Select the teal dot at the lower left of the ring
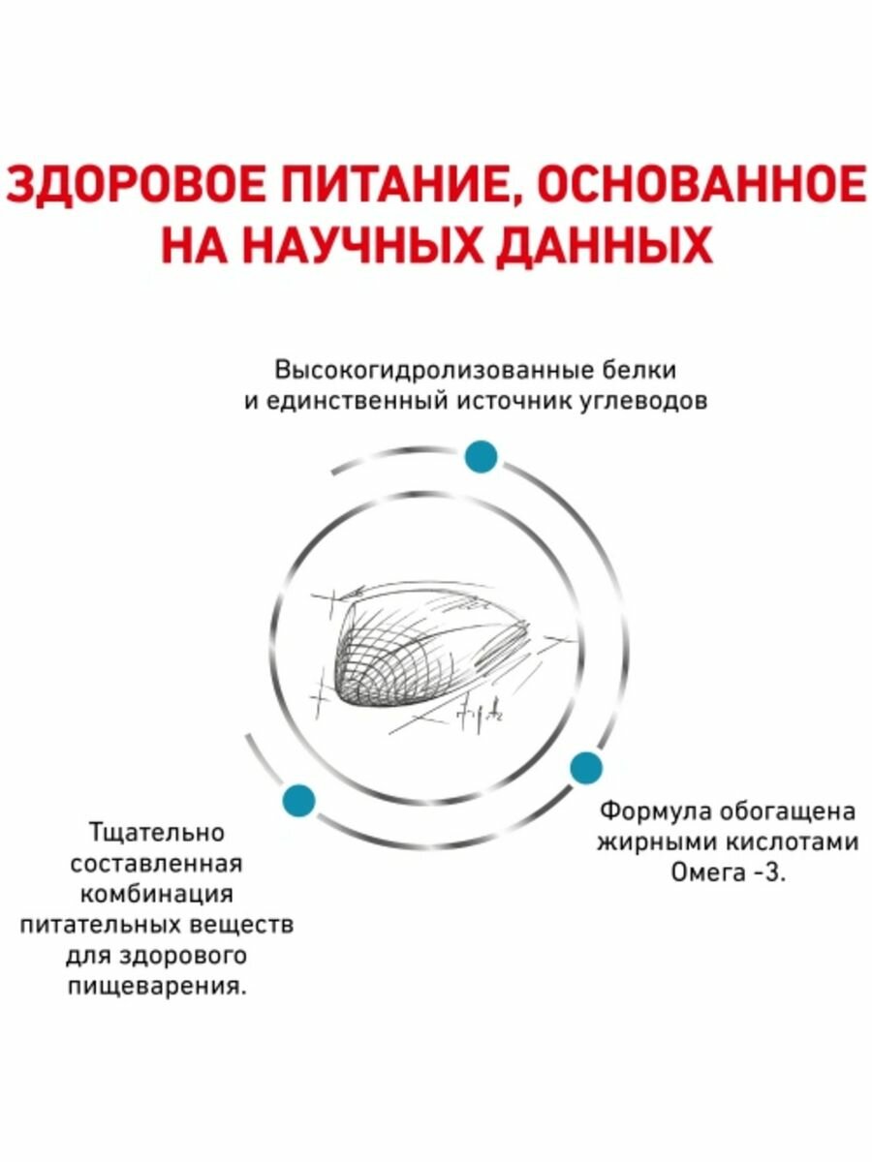click(x=297, y=799)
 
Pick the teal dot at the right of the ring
click(x=585, y=768)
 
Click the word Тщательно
click(x=156, y=832)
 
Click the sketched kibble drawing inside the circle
click(x=426, y=649)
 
